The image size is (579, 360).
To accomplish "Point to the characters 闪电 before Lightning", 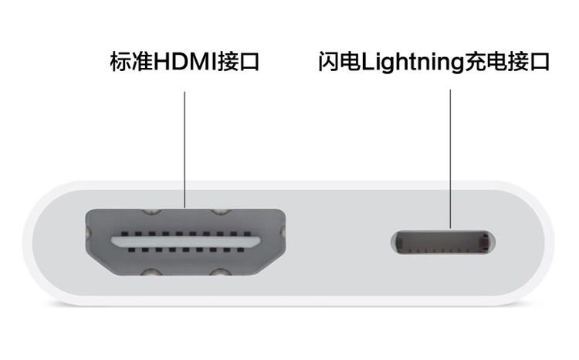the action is [x=340, y=63].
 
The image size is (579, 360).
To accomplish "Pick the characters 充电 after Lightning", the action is [x=484, y=63].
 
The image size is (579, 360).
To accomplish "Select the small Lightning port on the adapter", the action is [x=443, y=243].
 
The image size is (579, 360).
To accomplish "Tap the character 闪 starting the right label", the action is [x=328, y=63].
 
